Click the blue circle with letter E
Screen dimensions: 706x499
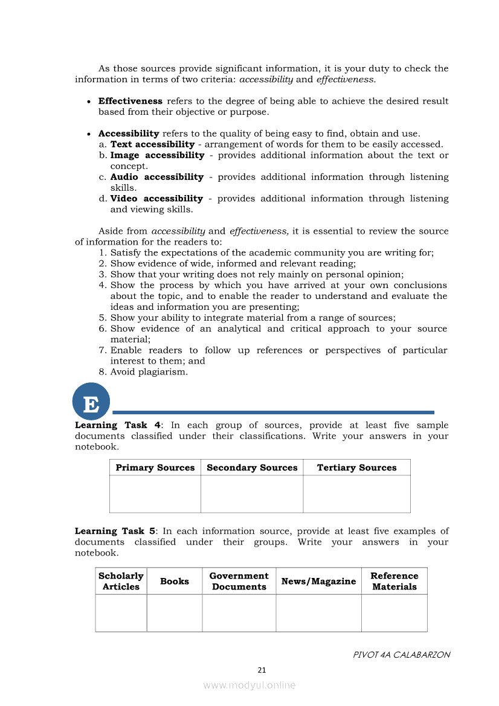(91, 402)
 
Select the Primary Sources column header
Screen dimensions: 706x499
(155, 467)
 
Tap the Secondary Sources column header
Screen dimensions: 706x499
(252, 467)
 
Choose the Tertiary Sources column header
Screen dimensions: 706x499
(356, 467)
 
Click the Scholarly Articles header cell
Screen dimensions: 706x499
(121, 581)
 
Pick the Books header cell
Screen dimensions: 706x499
(175, 581)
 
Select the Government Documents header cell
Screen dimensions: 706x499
(239, 581)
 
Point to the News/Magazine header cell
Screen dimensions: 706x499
(318, 581)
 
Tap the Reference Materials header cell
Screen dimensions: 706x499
(394, 581)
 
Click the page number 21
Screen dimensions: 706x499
(262, 670)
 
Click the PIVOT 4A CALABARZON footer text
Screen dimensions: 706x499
(401, 655)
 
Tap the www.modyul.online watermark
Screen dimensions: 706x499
(249, 685)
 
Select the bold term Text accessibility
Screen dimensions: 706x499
(152, 144)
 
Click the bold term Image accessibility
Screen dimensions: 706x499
(157, 155)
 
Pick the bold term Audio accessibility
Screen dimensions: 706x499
(156, 177)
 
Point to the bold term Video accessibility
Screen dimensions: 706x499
(156, 199)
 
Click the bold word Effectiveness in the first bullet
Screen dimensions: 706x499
(130, 101)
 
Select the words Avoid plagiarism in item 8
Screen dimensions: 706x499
(149, 372)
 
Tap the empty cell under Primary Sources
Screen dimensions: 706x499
(155, 494)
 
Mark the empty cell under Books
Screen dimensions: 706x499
(175, 613)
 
